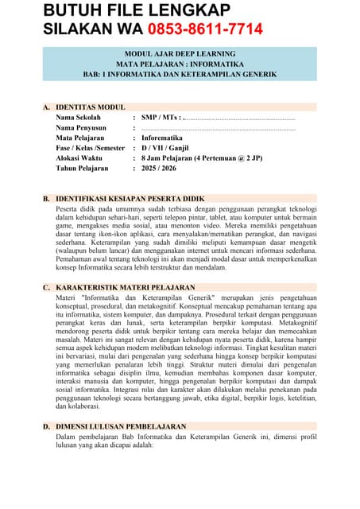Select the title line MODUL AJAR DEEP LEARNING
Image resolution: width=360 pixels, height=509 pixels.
pyautogui.click(x=179, y=52)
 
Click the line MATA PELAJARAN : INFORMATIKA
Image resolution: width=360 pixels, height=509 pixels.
pyautogui.click(x=179, y=63)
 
